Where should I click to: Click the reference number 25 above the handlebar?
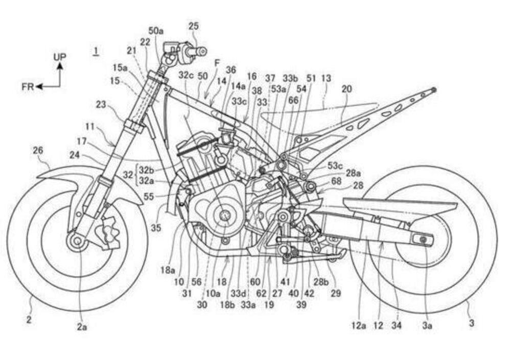tap(194, 26)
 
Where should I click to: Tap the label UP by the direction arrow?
tap(60, 56)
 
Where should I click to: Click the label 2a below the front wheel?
tap(82, 327)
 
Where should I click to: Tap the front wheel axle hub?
tap(77, 241)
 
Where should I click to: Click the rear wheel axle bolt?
tap(423, 239)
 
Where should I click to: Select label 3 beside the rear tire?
tap(471, 323)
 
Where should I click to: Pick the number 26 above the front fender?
tap(38, 150)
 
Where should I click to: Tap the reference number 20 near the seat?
tap(347, 88)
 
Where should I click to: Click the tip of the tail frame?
tap(434, 90)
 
